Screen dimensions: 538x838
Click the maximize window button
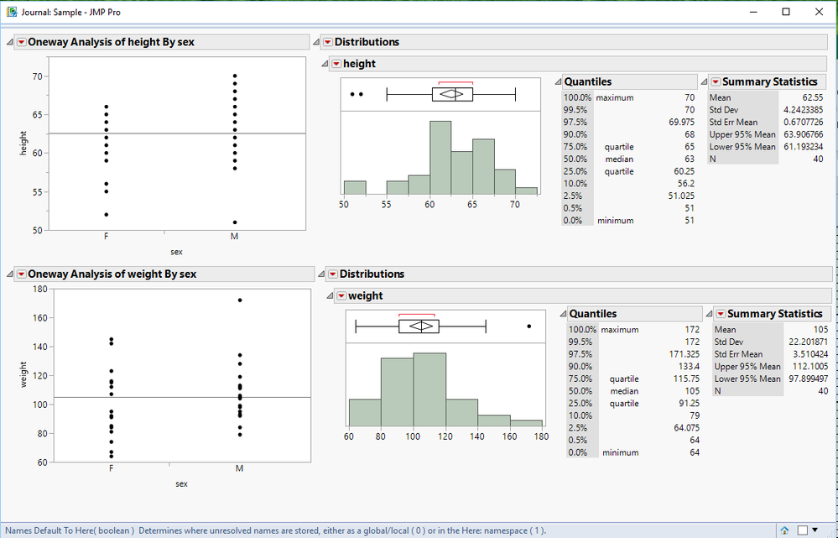pos(785,11)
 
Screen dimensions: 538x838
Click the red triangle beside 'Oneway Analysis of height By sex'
pos(20,42)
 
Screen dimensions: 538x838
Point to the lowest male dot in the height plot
pos(235,222)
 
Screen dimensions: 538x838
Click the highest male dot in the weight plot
pos(240,300)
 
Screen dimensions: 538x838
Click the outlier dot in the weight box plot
pos(528,326)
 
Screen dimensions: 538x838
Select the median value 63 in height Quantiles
pos(689,159)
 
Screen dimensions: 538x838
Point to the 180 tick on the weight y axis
pos(39,289)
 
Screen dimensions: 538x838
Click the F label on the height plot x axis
pos(106,237)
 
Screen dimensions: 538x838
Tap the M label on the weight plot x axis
pos(240,468)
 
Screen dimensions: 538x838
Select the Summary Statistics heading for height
pos(769,81)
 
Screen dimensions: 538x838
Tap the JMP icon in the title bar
pos(11,11)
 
